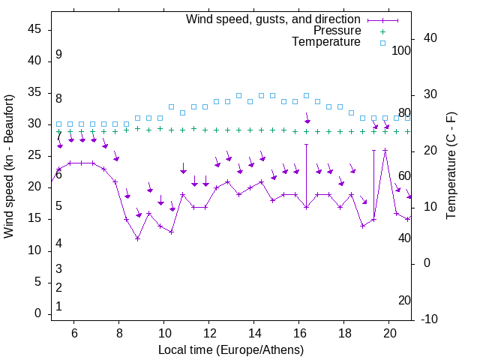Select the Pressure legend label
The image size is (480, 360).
pos(337,31)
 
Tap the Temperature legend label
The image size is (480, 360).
pos(326,42)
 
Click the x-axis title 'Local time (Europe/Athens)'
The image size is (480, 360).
pos(231,350)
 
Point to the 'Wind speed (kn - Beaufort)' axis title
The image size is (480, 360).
pos(9,166)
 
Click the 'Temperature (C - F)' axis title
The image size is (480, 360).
pos(451,166)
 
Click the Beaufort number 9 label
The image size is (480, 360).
pos(58,55)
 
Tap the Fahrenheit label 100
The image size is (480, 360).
pos(402,51)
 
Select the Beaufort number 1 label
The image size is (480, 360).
pos(58,307)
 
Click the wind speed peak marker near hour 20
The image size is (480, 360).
pos(385,150)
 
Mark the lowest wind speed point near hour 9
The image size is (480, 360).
pos(138,238)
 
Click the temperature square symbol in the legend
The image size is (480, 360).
pos(382,43)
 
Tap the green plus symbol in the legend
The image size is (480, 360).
pos(382,31)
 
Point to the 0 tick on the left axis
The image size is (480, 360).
pos(37,313)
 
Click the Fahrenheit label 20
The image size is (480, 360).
pos(404,300)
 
